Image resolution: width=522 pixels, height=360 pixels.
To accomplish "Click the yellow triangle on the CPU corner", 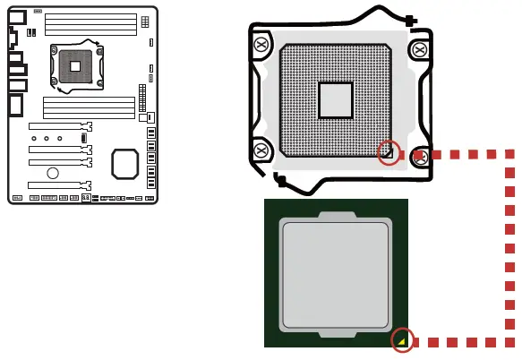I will pos(403,340).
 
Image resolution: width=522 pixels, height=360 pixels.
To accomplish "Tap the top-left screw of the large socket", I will pos(261,44).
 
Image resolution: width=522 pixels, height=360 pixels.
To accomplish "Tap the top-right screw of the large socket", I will pos(419,48).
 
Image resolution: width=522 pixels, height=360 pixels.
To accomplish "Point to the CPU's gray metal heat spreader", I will pos(336,273).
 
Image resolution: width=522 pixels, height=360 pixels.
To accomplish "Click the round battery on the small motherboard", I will pos(53,172).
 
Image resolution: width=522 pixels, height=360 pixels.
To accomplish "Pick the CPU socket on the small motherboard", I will pos(75,66).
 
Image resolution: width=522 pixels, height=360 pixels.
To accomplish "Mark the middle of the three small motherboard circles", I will pos(47,139).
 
